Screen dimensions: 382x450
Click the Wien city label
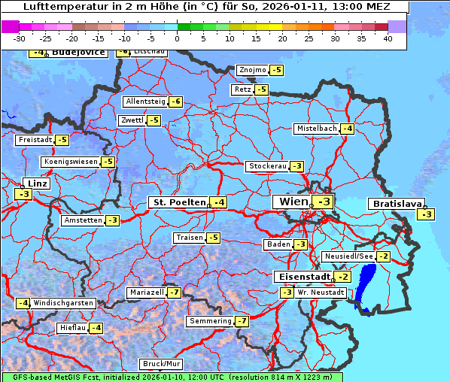(x=293, y=202)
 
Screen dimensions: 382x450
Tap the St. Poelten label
(x=178, y=202)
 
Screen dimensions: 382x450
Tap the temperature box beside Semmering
(x=242, y=321)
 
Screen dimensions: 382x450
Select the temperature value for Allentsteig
(x=175, y=102)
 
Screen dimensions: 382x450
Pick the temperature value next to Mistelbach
(x=347, y=129)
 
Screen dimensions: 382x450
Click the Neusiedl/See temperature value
(x=384, y=256)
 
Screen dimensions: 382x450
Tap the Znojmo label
(x=252, y=70)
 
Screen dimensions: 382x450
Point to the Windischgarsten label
(x=63, y=302)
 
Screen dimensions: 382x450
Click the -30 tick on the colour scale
(x=20, y=38)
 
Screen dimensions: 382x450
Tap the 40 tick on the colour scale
(x=388, y=38)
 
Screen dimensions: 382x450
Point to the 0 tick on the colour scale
(x=178, y=38)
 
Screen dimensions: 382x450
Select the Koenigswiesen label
(x=71, y=162)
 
